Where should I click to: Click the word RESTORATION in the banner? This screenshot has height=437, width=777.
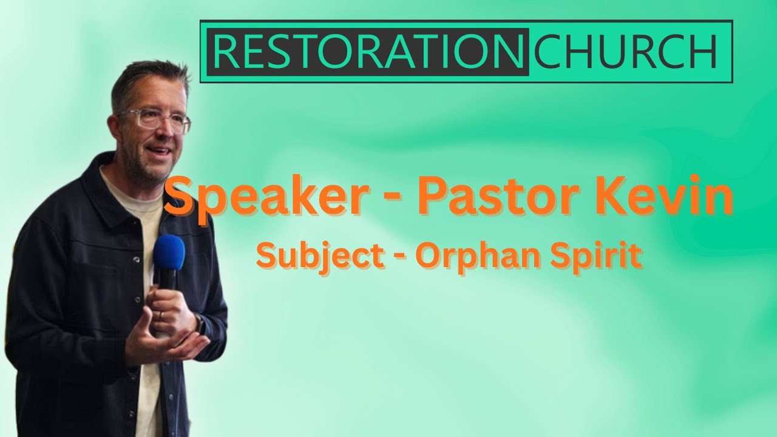point(367,52)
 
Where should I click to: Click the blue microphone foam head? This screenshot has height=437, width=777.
point(169,252)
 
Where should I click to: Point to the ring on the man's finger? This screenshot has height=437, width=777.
point(160,315)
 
